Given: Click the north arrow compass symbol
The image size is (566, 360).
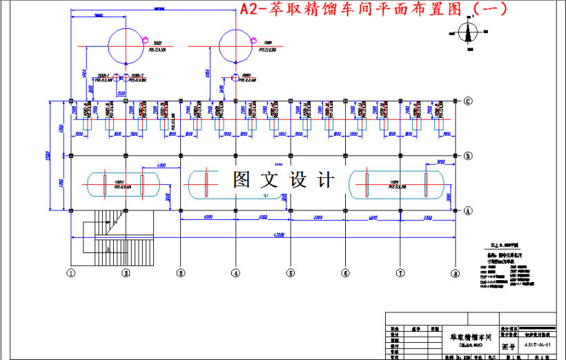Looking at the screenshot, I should pyautogui.click(x=468, y=32).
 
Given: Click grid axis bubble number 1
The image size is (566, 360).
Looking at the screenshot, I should pyautogui.click(x=70, y=273).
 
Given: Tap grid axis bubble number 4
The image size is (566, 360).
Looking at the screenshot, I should pyautogui.click(x=235, y=273).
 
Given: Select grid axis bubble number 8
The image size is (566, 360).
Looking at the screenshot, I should pyautogui.click(x=455, y=273).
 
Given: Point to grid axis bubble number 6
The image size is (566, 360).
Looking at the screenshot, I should pyautogui.click(x=345, y=273).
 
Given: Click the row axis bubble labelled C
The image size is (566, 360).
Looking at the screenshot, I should pyautogui.click(x=467, y=101).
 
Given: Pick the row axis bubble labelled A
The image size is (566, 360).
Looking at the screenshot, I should pyautogui.click(x=467, y=210).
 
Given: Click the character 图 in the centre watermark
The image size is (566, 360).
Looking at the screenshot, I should pyautogui.click(x=243, y=181).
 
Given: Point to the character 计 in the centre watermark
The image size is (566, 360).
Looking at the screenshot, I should pyautogui.click(x=324, y=181).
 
